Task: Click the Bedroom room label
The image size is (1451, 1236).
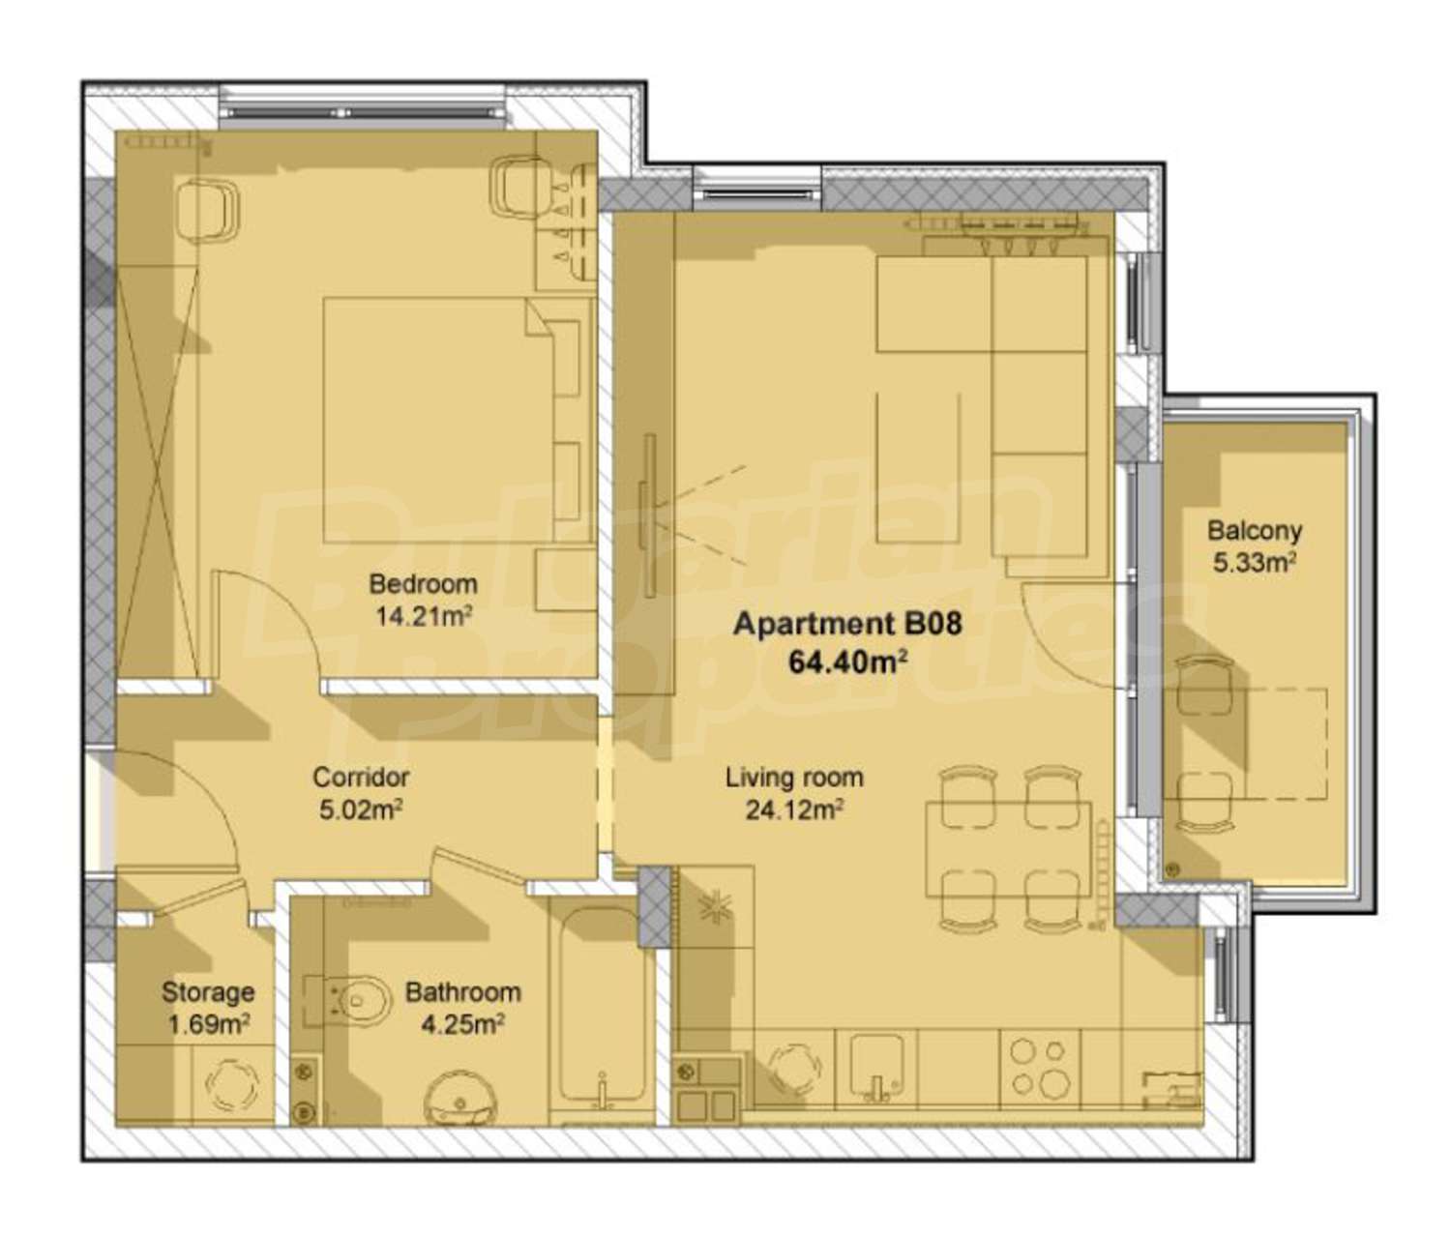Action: [424, 584]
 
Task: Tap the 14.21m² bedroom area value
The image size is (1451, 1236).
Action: [424, 617]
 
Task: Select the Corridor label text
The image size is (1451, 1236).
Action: [361, 777]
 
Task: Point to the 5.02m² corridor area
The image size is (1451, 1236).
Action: [361, 809]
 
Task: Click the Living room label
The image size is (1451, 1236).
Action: [794, 778]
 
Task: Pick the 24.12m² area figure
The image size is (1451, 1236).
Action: [794, 810]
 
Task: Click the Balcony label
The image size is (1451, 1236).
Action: [1255, 531]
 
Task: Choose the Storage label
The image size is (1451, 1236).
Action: [208, 992]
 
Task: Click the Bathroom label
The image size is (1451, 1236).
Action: [463, 992]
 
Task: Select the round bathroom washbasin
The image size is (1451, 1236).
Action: [459, 1099]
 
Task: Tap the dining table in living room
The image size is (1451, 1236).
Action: [1009, 848]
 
